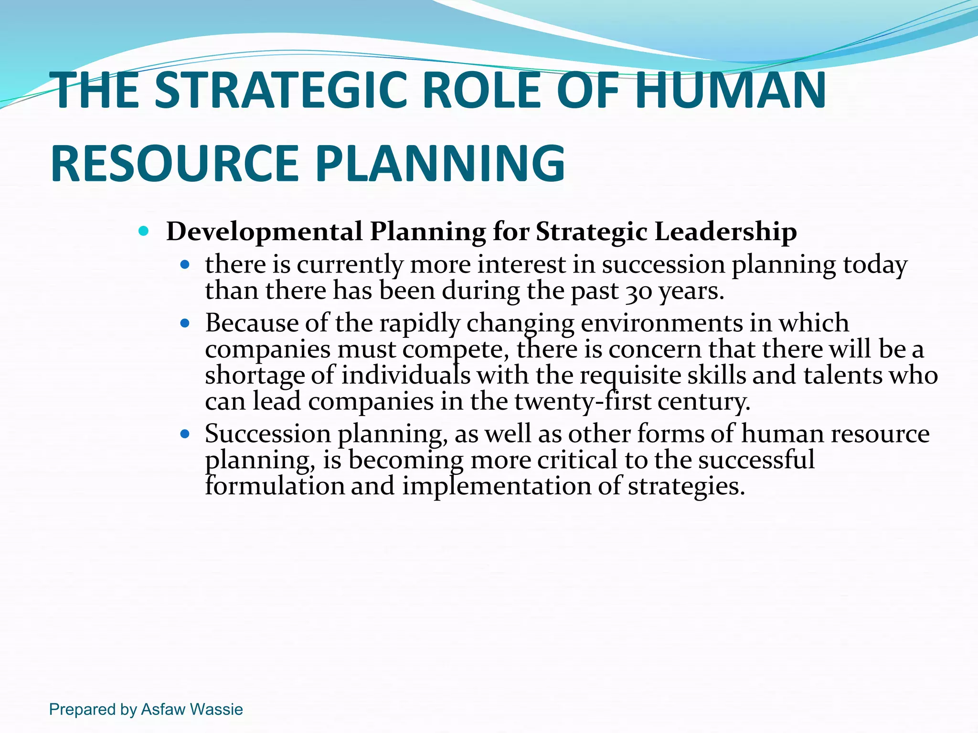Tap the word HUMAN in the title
(x=730, y=90)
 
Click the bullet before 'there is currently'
(x=185, y=264)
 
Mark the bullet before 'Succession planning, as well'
(x=185, y=434)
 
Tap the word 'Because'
(x=252, y=323)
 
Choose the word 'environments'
(x=662, y=323)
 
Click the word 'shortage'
(x=255, y=376)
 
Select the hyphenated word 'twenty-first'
(x=583, y=401)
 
